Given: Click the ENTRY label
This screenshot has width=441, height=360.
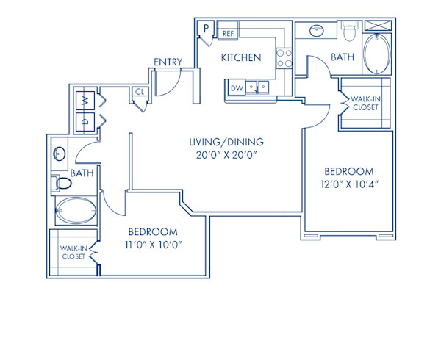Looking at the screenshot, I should (x=168, y=62).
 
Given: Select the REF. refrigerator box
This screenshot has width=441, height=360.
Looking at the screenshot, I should (x=228, y=33).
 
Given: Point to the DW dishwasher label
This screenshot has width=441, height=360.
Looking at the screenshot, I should (x=237, y=88).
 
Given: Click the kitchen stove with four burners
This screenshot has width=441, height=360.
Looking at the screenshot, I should (x=283, y=57).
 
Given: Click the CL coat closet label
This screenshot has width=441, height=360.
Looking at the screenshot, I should (x=139, y=93).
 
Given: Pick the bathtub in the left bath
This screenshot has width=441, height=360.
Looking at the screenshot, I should (x=75, y=212).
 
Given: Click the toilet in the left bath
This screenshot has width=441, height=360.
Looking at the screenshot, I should (x=62, y=183).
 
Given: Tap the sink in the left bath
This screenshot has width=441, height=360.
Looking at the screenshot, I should (x=59, y=155).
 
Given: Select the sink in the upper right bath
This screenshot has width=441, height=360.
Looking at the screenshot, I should (x=318, y=32).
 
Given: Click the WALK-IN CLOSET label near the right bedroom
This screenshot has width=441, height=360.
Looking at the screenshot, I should (x=364, y=102).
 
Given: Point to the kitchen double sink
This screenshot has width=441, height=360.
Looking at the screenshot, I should (x=258, y=88).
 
